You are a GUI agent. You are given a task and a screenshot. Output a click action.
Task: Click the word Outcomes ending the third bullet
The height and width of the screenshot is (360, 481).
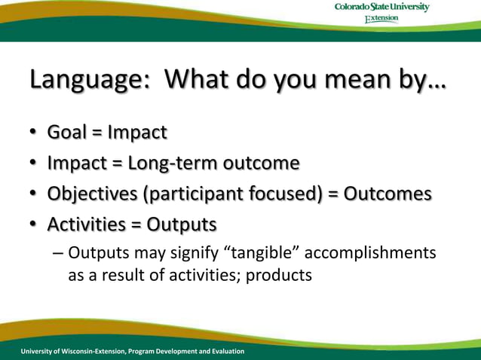click(x=388, y=194)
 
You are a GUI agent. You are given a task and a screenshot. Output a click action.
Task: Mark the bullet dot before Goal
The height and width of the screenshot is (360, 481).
click(x=34, y=133)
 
